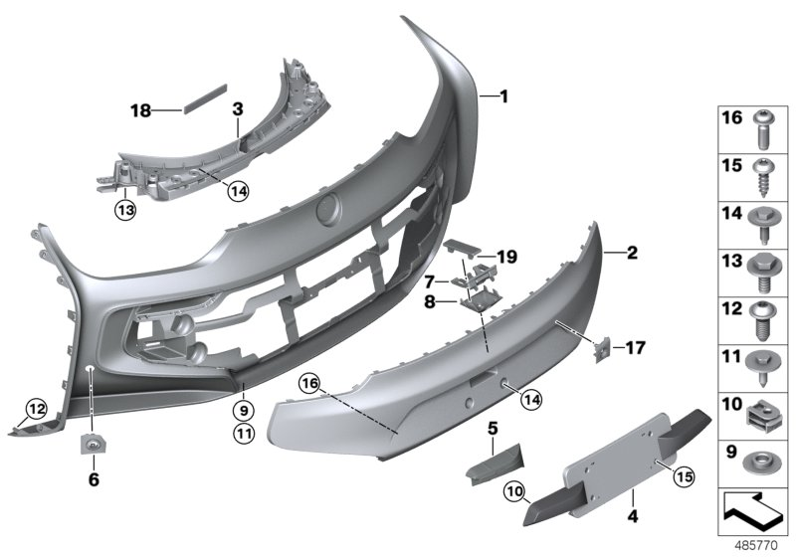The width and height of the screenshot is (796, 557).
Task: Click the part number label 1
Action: tap(503, 96)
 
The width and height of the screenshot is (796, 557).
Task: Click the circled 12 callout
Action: tap(36, 408)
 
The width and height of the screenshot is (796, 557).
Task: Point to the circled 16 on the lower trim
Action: tap(309, 382)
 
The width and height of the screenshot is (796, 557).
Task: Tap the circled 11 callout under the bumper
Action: tap(243, 433)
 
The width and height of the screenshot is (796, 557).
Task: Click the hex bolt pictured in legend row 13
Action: tap(762, 266)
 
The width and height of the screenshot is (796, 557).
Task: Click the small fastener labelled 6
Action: tap(93, 444)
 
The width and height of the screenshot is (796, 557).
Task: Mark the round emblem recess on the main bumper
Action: tap(326, 212)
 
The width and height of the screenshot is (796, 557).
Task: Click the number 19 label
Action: tap(507, 257)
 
